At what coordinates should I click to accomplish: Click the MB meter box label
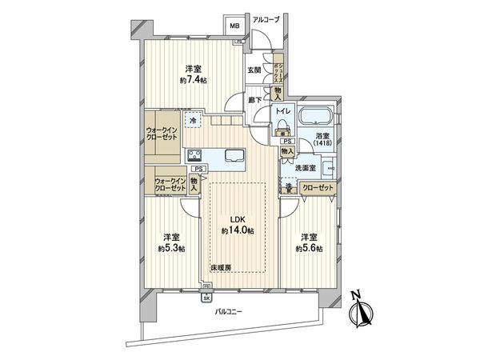coord(234,26)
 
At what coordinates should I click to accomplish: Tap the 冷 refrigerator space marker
coord(193,121)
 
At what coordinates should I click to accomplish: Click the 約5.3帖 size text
coord(170,249)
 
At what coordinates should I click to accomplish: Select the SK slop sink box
coord(206,298)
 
